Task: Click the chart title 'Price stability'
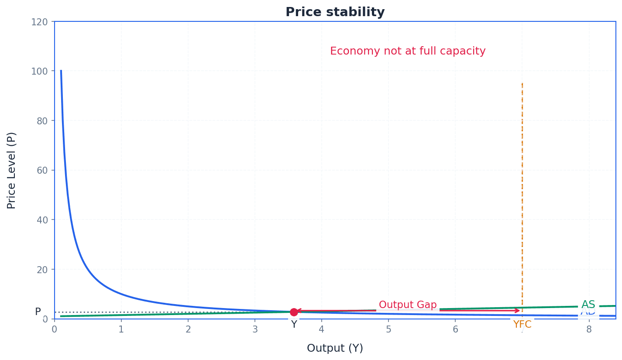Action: [x=335, y=12]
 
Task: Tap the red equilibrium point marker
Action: [x=294, y=312]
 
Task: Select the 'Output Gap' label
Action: [x=407, y=305]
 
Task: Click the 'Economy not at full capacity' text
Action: [x=407, y=51]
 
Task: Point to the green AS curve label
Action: [x=588, y=305]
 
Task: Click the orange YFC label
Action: [x=522, y=325]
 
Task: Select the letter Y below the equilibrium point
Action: [x=294, y=325]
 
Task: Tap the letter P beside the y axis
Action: [x=38, y=312]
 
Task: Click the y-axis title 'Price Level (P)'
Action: [x=12, y=170]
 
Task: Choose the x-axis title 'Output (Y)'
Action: [x=335, y=348]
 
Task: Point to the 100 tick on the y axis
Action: [x=39, y=71]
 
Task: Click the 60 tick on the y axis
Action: [x=42, y=170]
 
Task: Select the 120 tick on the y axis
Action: [x=39, y=22]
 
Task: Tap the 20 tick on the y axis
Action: [x=42, y=269]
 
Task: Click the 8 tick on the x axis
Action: [x=589, y=330]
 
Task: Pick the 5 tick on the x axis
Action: [x=388, y=330]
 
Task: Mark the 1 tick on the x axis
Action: [x=121, y=330]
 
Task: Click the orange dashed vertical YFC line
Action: [x=522, y=175]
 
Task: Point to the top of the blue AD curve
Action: [x=61, y=71]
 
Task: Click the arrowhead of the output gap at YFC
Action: [x=518, y=311]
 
